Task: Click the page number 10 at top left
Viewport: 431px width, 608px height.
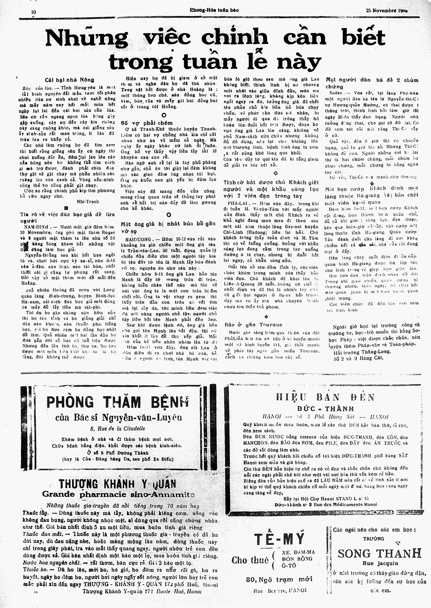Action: tap(33, 11)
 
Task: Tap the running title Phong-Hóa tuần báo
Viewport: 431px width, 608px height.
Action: tap(214, 10)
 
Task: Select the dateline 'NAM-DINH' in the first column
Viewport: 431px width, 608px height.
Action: tap(37, 227)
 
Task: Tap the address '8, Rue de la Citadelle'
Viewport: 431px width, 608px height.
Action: tap(117, 428)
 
